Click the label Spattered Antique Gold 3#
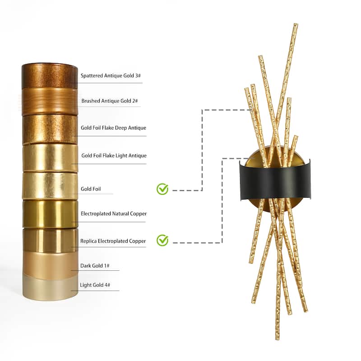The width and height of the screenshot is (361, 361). (110, 76)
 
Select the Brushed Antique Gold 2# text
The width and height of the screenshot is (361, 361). (110, 101)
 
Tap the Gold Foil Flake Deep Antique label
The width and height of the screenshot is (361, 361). (113, 128)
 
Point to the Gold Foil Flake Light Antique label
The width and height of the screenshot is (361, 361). (114, 156)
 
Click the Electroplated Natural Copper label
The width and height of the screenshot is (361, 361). (113, 213)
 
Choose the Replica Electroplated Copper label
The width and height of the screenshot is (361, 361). (113, 241)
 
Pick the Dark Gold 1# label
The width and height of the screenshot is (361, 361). (95, 266)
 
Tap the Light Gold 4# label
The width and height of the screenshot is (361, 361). (95, 286)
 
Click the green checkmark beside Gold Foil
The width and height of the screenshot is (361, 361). (162, 189)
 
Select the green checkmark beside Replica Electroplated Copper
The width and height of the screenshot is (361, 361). (162, 240)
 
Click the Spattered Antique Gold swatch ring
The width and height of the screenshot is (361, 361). (50, 76)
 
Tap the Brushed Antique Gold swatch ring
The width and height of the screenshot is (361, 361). (50, 102)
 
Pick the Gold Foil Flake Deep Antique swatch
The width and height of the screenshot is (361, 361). (50, 129)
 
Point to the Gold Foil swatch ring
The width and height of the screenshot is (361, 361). (50, 185)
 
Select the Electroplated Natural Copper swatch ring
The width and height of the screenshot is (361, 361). (50, 213)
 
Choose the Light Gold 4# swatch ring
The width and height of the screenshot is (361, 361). (50, 288)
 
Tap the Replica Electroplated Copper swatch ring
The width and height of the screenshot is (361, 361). (50, 239)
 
